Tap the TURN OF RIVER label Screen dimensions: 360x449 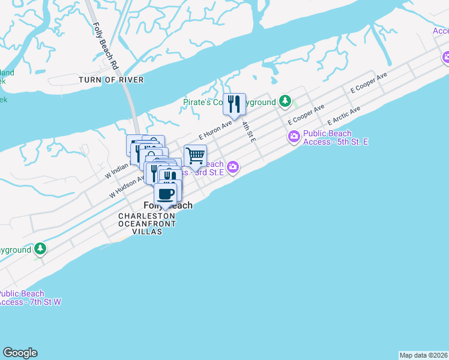tap(112, 80)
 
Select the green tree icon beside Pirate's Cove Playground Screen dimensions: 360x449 tap(287, 101)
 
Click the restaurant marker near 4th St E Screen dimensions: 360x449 tap(234, 104)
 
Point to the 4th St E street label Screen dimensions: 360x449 tap(249, 131)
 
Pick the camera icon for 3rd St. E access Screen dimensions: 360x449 tap(232, 167)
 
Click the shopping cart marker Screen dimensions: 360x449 tap(196, 155)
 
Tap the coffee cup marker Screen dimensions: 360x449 tap(166, 194)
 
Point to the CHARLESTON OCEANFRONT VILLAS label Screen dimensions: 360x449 tap(147, 224)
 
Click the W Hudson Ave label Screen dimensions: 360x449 tap(127, 187)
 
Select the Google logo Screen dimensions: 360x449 tap(20, 353)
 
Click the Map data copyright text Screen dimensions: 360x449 tap(424, 355)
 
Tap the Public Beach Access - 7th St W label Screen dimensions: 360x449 tap(29, 298)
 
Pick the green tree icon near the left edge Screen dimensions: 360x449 tap(40, 248)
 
